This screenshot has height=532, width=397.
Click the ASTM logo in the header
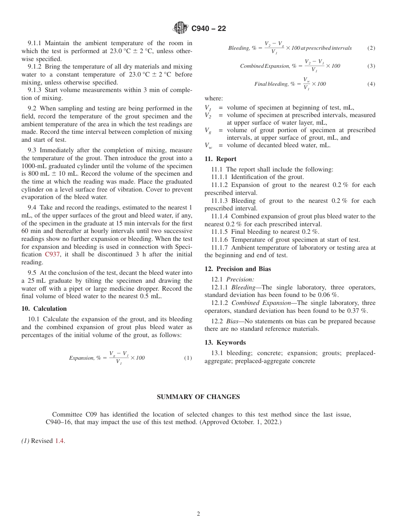tap(181, 28)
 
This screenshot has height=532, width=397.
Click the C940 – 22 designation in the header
tap(209, 28)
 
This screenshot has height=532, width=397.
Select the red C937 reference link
tap(52, 254)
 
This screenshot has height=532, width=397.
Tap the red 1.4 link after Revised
tap(60, 440)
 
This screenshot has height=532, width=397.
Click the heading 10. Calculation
tap(44, 309)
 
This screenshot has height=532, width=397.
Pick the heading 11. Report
tap(220, 159)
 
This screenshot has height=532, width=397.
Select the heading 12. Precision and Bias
tap(237, 269)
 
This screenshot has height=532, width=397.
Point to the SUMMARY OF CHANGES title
tap(198, 397)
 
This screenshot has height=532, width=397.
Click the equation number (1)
tap(188, 358)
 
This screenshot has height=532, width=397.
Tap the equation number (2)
tap(371, 48)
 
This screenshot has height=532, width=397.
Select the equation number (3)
tap(371, 66)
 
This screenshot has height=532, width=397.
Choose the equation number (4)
tap(371, 84)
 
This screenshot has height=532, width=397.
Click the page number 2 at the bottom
tap(198, 514)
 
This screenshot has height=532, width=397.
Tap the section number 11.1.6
tap(220, 240)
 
